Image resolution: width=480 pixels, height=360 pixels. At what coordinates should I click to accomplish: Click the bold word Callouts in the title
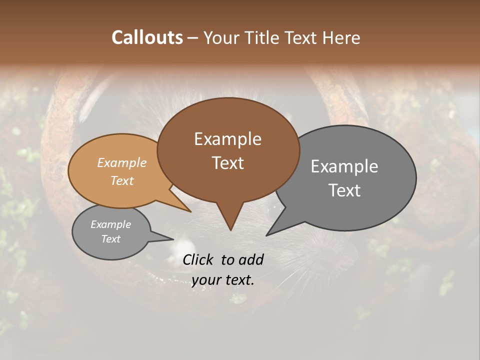[147, 37]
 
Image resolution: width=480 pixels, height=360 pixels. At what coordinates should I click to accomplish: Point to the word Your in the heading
[219, 37]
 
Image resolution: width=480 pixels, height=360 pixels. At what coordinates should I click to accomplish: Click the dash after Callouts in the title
[192, 38]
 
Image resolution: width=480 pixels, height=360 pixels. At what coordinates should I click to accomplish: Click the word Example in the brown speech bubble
[227, 139]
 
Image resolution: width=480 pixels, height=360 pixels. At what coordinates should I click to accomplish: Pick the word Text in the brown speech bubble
[227, 163]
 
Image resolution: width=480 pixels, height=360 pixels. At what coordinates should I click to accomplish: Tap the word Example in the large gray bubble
[344, 166]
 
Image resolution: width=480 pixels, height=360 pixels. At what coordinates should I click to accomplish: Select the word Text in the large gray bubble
[344, 190]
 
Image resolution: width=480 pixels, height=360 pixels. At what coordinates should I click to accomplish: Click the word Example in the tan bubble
[121, 163]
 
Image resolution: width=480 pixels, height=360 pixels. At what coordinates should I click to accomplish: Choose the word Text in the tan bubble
[121, 180]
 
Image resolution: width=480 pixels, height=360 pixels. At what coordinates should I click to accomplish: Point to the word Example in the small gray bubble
[110, 224]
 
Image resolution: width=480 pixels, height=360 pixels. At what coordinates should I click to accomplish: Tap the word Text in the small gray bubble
[110, 239]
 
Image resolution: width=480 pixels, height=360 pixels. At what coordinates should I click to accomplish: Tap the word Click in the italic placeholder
[199, 259]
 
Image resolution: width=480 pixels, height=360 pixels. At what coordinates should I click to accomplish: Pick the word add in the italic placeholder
[251, 259]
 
